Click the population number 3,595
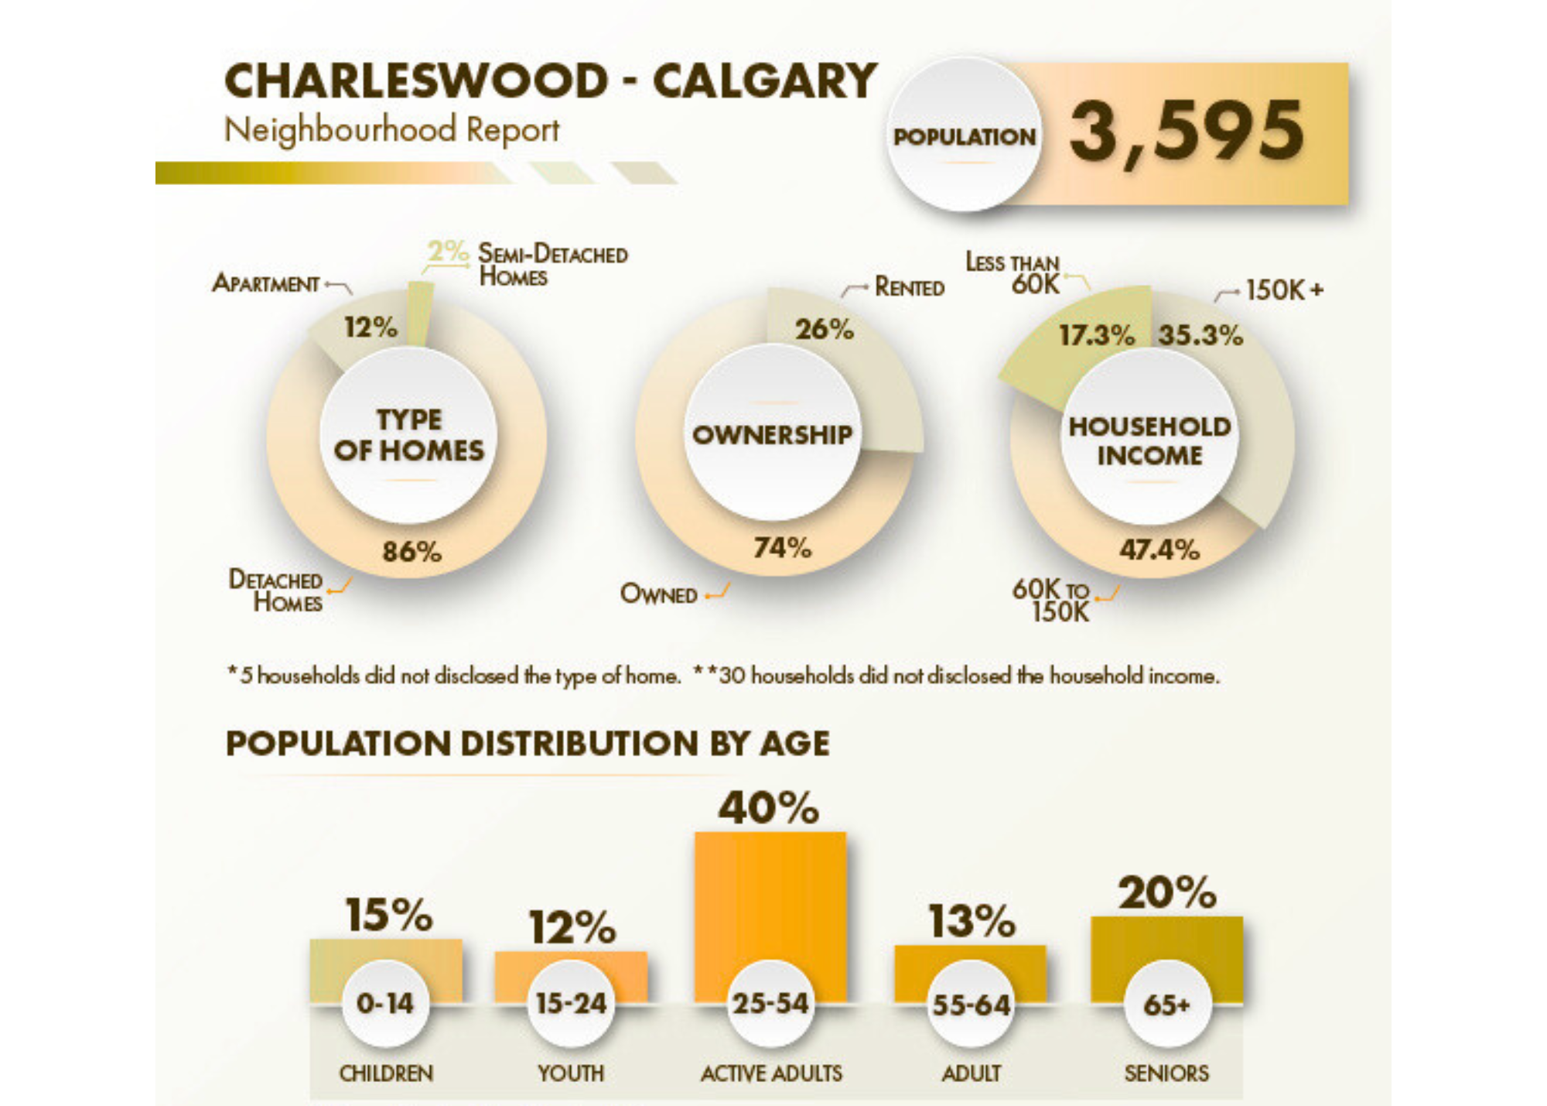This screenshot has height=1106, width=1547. tap(1187, 132)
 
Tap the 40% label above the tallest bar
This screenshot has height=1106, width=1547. tap(768, 808)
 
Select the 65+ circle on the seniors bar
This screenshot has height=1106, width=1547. tap(1166, 1005)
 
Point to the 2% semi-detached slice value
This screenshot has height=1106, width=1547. tap(447, 251)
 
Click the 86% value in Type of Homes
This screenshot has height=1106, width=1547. tap(412, 552)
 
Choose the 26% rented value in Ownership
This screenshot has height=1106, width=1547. tap(824, 330)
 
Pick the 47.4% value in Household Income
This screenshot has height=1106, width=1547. tap(1159, 550)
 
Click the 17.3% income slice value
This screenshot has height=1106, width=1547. tap(1096, 336)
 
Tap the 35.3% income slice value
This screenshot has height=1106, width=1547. tap(1200, 336)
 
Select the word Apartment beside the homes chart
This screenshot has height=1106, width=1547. tap(266, 284)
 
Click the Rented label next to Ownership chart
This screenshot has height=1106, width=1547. tap(909, 288)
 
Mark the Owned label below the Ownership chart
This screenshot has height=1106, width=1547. tap(659, 594)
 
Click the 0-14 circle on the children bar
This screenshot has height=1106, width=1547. tap(385, 1004)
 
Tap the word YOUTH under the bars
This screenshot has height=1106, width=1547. tap(571, 1073)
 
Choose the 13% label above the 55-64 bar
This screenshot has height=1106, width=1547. tap(972, 922)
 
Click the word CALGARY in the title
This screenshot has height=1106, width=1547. tap(764, 81)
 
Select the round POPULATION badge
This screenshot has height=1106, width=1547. tap(964, 136)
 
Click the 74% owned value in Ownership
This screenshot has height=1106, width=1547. tap(782, 548)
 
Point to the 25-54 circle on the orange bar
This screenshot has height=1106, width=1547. tap(770, 1004)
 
